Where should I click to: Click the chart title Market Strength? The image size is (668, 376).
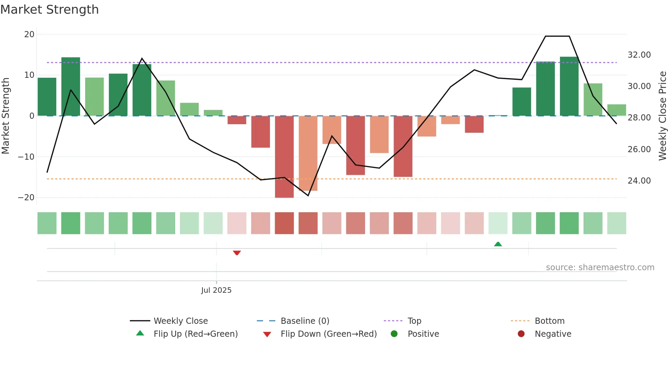pos(49,10)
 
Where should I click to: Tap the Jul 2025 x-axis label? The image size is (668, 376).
pos(216,290)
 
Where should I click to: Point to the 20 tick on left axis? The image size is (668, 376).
pos(29,34)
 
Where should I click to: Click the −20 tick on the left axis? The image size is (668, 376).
pos(26,198)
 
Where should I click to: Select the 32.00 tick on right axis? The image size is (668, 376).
pos(639,55)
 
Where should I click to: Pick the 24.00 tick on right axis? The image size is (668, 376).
pos(639,181)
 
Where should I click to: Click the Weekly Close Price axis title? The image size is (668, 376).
pos(662,116)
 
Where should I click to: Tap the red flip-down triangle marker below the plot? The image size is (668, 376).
pos(237,253)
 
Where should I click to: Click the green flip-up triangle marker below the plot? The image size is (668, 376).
pos(498,244)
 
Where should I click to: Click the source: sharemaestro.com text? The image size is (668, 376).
pos(600,267)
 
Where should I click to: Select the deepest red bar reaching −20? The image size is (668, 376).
pos(284,157)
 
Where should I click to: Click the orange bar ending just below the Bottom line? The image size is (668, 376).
pos(308,154)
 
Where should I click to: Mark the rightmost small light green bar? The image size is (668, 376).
pos(617,110)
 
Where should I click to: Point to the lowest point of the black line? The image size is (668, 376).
pos(308,196)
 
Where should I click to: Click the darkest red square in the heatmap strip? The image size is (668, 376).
pos(284,223)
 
